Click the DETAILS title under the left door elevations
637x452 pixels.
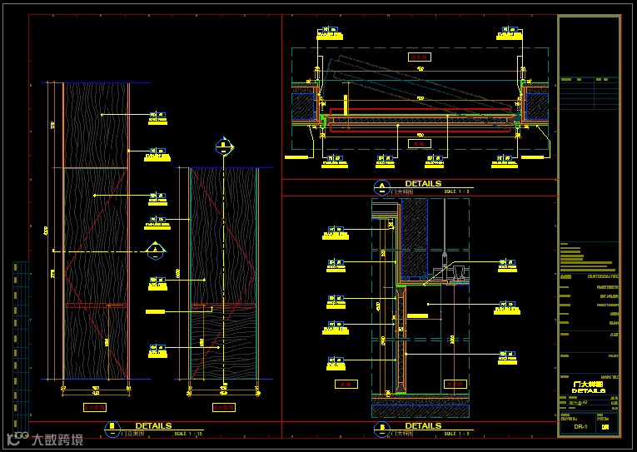(153, 425)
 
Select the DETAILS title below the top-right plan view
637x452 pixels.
(423, 183)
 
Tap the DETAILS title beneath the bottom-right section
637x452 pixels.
(423, 425)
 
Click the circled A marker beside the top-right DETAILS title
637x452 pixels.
(381, 186)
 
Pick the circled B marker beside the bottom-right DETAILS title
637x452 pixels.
(381, 429)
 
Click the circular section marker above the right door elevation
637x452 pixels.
(223, 147)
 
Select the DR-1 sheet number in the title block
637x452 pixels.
(581, 427)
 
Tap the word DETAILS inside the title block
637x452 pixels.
(589, 390)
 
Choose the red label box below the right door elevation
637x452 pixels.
(223, 408)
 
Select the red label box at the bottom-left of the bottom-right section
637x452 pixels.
(345, 384)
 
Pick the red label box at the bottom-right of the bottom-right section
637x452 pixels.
(455, 384)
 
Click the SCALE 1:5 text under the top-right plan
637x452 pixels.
(458, 191)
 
